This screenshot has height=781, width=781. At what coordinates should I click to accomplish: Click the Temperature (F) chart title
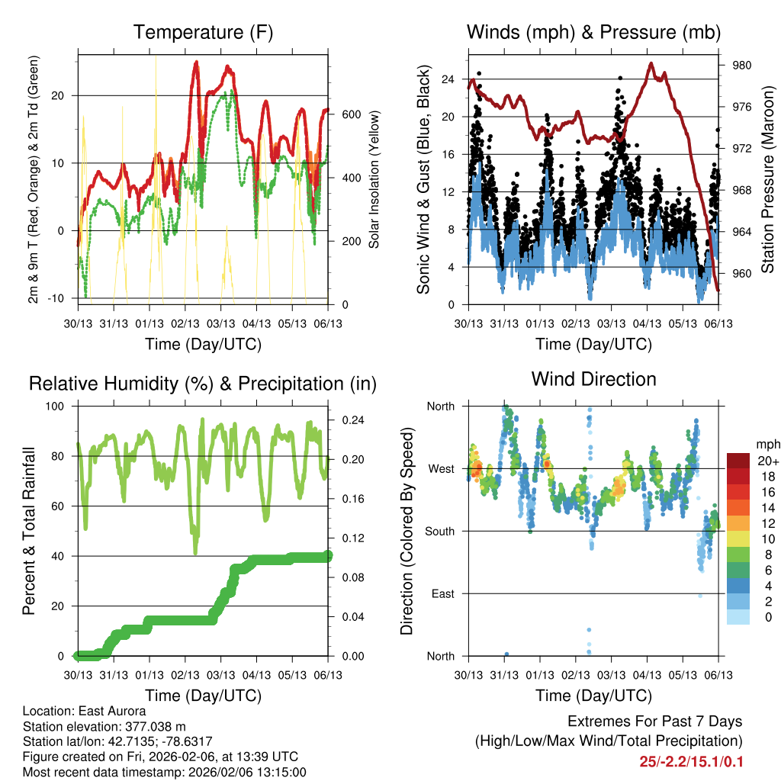(x=203, y=32)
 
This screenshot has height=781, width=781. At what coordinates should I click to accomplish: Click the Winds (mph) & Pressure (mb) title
(x=594, y=32)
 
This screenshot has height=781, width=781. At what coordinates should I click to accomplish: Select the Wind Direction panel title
(x=594, y=378)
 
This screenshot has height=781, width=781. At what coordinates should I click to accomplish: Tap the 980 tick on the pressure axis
(x=742, y=65)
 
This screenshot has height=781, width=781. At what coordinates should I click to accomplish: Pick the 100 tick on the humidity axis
(x=56, y=406)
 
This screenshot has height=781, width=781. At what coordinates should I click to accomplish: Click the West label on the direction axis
(x=440, y=468)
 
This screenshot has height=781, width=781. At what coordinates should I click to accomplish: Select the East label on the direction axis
(x=442, y=593)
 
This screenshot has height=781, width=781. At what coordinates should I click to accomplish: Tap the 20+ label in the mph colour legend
(x=767, y=461)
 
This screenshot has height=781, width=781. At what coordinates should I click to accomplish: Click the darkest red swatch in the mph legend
(x=738, y=461)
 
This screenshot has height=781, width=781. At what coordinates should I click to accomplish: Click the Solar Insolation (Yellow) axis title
(x=374, y=179)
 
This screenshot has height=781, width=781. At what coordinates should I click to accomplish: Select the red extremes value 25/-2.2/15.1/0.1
(x=691, y=762)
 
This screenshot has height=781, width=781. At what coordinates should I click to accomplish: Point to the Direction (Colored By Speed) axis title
(x=407, y=530)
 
